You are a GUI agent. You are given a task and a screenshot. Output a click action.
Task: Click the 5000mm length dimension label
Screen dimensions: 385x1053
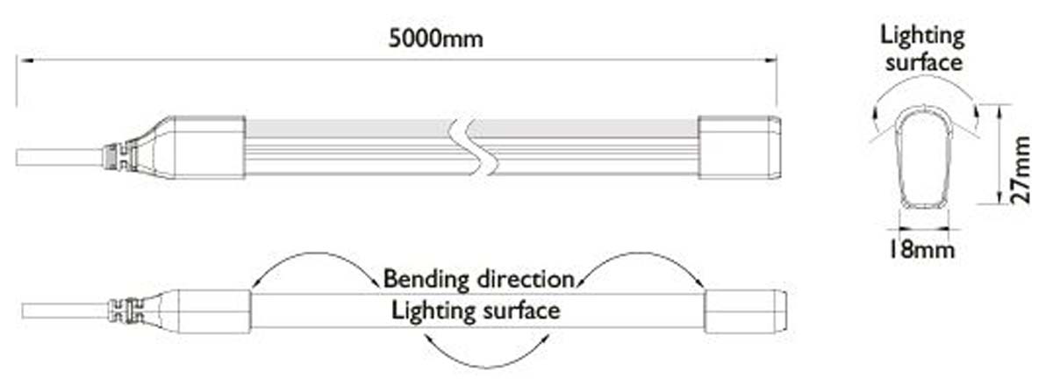click(x=436, y=39)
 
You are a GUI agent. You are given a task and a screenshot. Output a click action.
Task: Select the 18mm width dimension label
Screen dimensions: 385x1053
click(x=919, y=251)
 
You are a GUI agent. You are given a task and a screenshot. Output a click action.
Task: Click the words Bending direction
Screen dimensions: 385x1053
click(x=478, y=280)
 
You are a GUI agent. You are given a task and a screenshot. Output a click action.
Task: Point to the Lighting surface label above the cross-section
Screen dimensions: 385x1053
click(x=923, y=49)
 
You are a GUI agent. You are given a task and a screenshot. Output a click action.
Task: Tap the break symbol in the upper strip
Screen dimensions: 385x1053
click(x=463, y=146)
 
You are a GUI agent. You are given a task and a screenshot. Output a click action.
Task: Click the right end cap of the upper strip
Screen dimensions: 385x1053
click(x=738, y=146)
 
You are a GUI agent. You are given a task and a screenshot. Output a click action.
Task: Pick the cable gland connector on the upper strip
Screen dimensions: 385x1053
click(x=116, y=156)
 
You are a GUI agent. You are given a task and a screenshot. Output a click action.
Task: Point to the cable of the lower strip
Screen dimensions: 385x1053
click(x=61, y=310)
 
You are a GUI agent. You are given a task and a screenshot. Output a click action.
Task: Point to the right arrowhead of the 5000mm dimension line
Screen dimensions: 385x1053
click(x=772, y=60)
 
